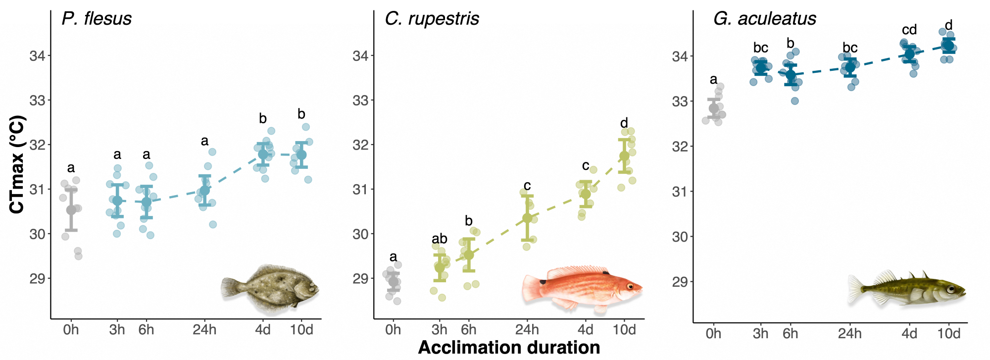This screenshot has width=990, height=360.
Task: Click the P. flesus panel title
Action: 97,19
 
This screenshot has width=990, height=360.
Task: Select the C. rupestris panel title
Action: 432,19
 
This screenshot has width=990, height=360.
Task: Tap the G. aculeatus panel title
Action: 764,19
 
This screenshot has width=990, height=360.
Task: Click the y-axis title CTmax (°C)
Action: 17,164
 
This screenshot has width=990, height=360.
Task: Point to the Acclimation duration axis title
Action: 509,348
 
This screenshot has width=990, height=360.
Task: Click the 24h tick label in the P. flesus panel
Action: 204,330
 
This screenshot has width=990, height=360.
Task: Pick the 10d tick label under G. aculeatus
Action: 948,334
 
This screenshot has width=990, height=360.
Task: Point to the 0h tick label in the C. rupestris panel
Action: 393,330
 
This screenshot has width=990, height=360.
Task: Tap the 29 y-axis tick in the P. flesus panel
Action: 37,279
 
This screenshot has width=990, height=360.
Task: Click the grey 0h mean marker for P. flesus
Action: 71,210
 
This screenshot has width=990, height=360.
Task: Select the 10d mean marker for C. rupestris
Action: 624,156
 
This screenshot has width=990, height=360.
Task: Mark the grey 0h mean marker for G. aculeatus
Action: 714,108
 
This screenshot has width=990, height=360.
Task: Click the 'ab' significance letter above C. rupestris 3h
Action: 439,239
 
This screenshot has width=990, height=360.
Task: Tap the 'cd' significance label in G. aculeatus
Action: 909,30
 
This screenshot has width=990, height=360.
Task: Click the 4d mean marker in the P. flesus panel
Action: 263,154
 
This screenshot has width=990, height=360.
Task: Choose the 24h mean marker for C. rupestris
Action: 527,218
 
